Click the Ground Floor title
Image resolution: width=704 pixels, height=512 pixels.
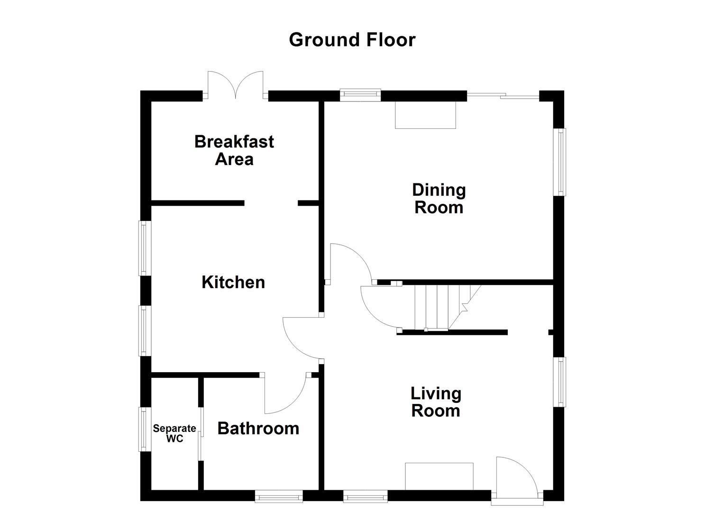[x=352, y=40]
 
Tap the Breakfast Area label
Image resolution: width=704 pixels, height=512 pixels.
[x=234, y=150]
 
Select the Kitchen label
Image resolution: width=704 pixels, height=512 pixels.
[x=233, y=282]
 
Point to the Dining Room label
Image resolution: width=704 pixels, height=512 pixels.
[x=439, y=199]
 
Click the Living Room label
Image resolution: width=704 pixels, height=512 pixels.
[x=436, y=402]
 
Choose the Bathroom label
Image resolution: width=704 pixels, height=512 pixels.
[x=258, y=429]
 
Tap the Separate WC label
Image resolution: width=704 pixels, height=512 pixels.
[x=174, y=433]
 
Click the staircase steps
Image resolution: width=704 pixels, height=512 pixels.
[x=436, y=307]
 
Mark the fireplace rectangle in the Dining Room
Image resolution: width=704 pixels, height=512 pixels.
[x=425, y=115]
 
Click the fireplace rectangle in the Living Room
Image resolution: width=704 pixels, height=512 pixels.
[x=439, y=476]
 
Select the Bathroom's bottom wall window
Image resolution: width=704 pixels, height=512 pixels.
[x=279, y=496]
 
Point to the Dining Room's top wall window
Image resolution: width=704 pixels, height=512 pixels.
[x=361, y=94]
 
